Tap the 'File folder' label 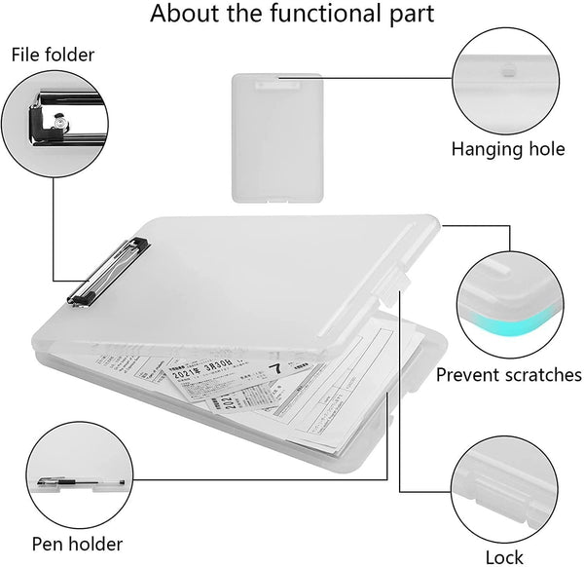53,55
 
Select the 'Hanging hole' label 507,149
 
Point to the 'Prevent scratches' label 509,374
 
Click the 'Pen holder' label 77,543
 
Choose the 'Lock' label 504,557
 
